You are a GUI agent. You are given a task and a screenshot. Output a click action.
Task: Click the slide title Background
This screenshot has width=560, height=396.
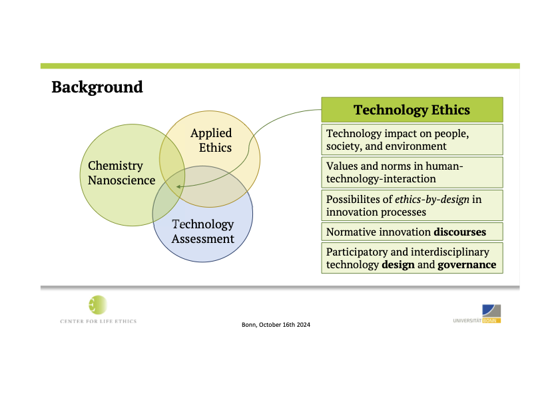(97, 87)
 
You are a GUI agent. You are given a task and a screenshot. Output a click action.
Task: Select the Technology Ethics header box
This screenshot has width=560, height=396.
(412, 110)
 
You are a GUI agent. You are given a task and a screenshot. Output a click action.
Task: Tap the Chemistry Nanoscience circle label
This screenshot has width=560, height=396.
(121, 173)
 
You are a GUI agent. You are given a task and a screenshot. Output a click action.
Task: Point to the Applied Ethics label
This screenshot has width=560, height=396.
(211, 140)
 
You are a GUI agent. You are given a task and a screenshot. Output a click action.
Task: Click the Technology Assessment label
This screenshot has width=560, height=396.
(203, 231)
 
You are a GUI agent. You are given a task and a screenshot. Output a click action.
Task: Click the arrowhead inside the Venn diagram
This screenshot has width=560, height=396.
(178, 186)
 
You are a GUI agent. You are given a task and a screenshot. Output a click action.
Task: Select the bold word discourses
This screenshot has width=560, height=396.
(459, 232)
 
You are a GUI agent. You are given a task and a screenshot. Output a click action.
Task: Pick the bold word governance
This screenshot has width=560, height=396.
(467, 265)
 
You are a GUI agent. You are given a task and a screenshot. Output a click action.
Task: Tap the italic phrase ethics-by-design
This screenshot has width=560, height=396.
(431, 199)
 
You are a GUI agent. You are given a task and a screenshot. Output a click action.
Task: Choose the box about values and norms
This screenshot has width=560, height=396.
(412, 172)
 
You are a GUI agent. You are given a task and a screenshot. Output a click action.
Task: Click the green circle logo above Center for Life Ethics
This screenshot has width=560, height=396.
(98, 305)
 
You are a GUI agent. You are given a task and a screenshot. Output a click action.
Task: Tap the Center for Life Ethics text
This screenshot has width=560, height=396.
(98, 321)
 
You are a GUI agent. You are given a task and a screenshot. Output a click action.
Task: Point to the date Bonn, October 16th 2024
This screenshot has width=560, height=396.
(276, 325)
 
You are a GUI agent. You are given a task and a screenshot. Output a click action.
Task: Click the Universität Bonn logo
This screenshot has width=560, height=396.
(477, 314)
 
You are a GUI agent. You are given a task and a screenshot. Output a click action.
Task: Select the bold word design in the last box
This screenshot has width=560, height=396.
(398, 265)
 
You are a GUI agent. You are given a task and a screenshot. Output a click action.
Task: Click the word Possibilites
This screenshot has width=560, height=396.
(359, 199)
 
